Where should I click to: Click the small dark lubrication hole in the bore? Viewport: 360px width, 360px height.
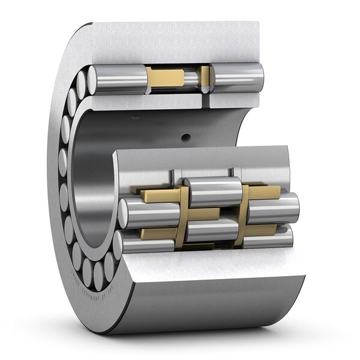click(186, 137)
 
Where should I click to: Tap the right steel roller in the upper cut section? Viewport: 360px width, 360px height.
click(238, 77)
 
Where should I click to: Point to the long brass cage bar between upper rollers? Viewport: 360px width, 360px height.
click(165, 77)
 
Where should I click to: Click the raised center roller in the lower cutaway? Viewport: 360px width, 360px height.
click(212, 191)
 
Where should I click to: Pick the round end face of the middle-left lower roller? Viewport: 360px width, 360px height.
click(125, 212)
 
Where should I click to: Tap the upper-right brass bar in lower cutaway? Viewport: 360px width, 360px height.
click(264, 192)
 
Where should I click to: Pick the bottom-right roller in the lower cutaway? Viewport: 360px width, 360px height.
click(268, 238)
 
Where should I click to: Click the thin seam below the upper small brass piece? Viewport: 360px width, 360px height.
click(205, 100)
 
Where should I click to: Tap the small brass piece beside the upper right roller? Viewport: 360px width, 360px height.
click(205, 76)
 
